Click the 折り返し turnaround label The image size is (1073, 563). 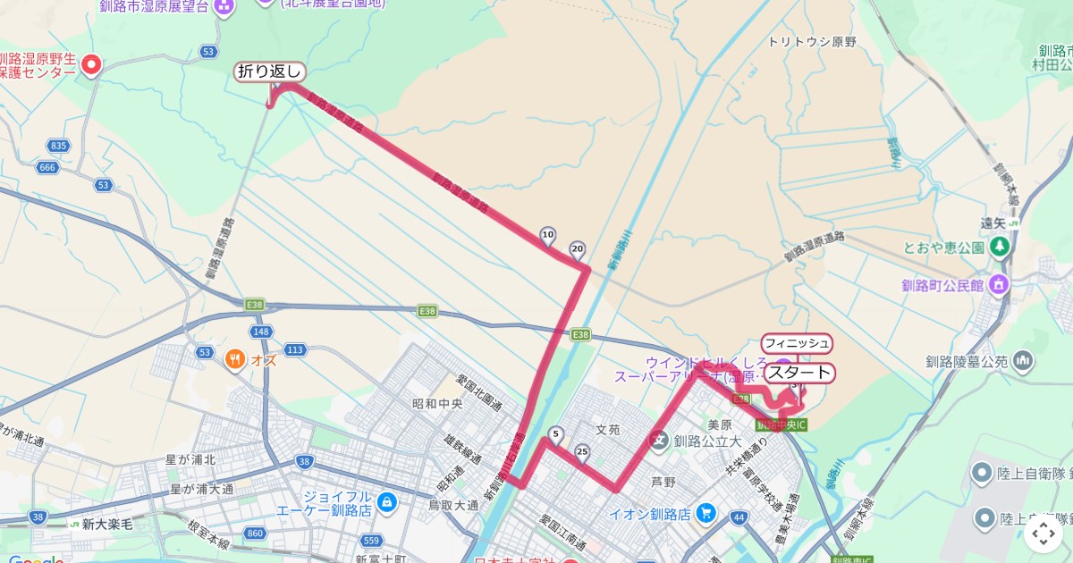[270, 71]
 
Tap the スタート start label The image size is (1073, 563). [799, 373]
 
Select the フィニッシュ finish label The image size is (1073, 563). [797, 342]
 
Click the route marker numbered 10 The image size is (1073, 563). [548, 236]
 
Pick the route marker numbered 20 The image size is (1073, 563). [577, 248]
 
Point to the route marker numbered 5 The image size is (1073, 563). [556, 435]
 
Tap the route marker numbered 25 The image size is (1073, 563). [583, 451]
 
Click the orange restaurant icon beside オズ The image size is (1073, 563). [235, 360]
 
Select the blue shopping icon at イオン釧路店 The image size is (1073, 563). [706, 513]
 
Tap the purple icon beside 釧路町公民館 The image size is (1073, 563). [999, 286]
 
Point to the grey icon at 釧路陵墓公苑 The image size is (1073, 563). [1023, 362]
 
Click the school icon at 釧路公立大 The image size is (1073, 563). [660, 440]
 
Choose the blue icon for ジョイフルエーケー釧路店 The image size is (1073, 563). [386, 502]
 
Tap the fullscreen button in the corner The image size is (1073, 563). [1043, 534]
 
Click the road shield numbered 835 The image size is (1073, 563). [59, 146]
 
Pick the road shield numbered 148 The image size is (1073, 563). [262, 332]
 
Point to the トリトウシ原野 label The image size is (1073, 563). [812, 42]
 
